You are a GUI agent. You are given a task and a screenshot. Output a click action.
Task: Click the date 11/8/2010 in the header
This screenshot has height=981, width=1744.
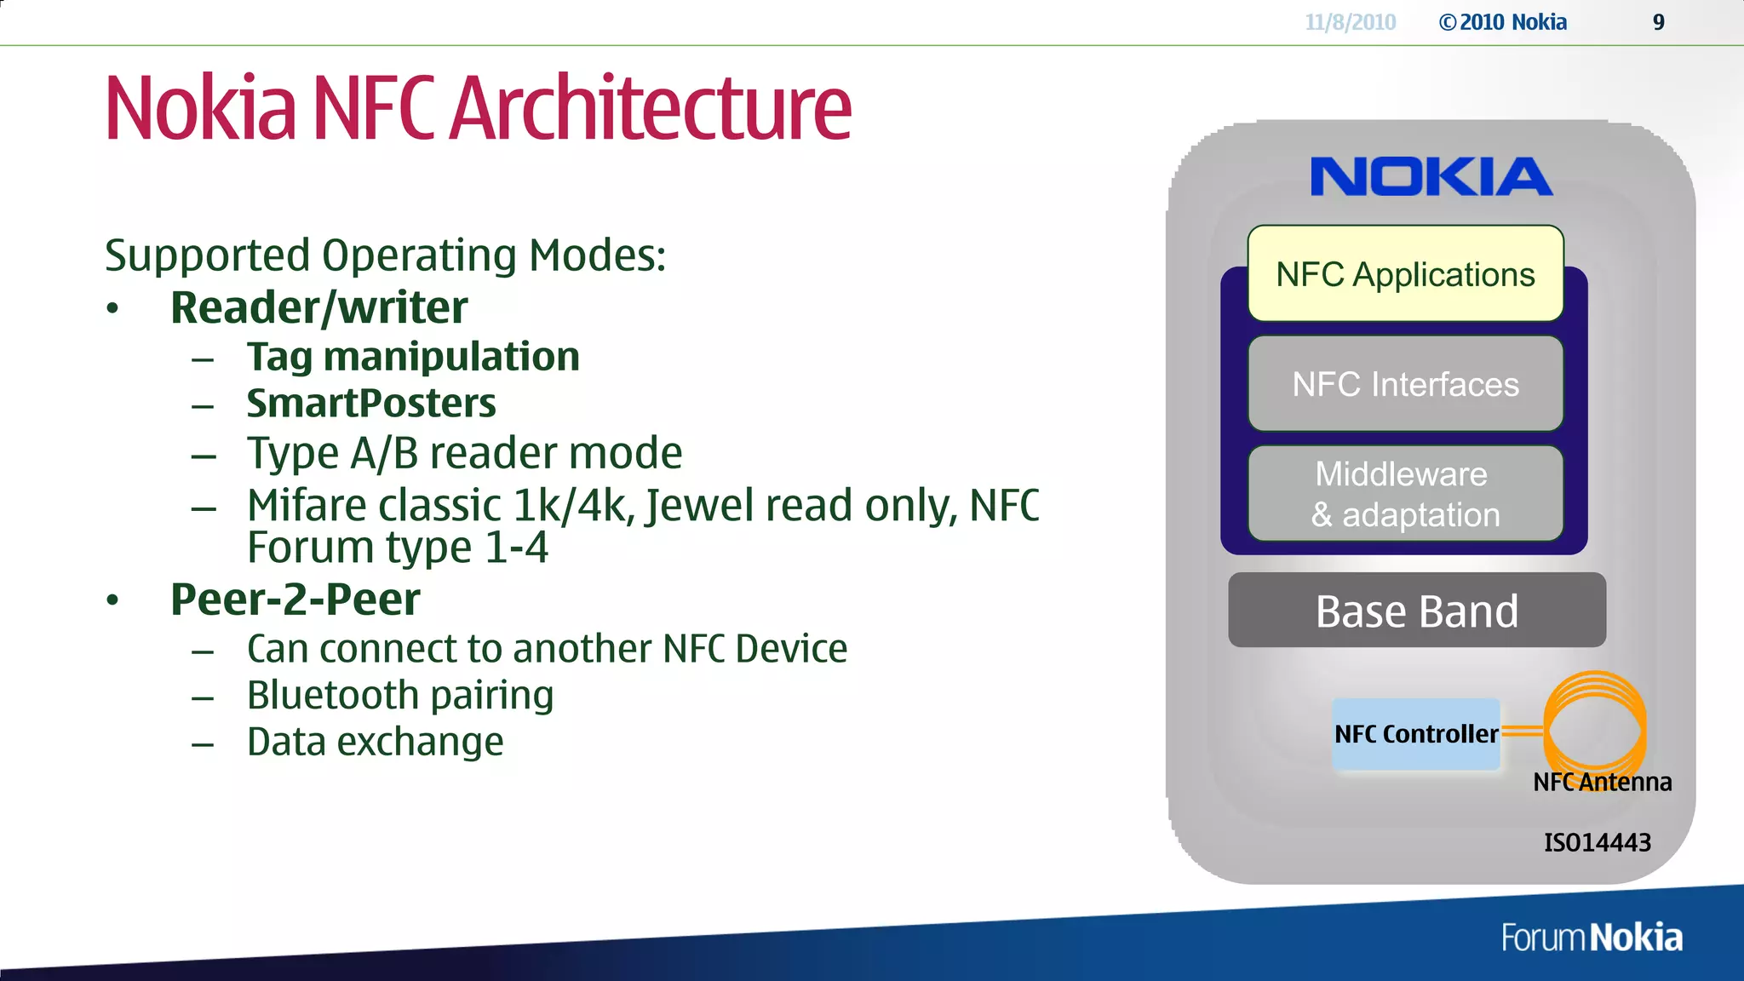[1350, 22]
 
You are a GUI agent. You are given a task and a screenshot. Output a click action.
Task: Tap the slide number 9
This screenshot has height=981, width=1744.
[1658, 22]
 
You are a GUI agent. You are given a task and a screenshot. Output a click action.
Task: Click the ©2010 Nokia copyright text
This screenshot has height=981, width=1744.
[1502, 22]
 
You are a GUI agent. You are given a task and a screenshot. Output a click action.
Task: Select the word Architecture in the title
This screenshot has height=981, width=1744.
[651, 109]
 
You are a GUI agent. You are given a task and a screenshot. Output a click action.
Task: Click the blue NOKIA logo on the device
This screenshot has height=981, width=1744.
[1431, 177]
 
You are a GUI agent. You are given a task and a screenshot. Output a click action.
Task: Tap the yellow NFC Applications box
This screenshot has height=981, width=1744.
[1405, 274]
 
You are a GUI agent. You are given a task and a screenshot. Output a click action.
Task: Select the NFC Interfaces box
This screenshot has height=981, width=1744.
[1405, 384]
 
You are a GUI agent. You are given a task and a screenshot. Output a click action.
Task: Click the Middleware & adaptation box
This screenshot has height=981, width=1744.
[1405, 494]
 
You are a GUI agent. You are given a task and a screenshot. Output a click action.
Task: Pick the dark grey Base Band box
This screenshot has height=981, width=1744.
[1417, 611]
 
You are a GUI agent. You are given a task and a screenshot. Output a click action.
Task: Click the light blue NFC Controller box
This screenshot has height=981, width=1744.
[1415, 734]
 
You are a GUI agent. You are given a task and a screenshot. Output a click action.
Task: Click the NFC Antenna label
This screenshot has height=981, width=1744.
[1602, 782]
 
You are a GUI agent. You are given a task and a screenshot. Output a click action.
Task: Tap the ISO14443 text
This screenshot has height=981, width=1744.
[1597, 842]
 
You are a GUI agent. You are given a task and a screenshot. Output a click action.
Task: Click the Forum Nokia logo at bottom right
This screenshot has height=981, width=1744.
[1591, 938]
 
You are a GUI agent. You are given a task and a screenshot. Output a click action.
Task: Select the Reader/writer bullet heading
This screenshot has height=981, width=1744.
[318, 307]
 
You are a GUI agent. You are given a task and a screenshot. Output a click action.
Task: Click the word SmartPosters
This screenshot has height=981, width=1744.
[371, 404]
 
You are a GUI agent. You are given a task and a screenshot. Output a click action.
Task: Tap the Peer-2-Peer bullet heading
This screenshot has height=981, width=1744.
[295, 599]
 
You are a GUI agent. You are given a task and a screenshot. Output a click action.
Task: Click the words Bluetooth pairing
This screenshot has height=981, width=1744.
[400, 695]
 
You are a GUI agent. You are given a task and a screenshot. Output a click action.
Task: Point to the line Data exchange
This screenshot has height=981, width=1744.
[375, 742]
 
